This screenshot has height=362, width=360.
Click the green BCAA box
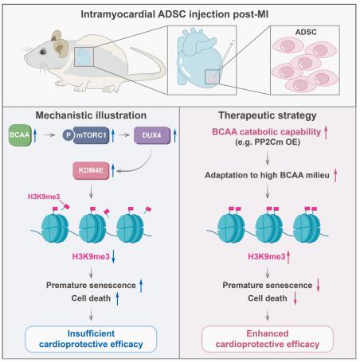pyautogui.click(x=20, y=135)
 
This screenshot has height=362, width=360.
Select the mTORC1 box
pyautogui.click(x=91, y=135)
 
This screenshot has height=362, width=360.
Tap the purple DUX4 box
pyautogui.click(x=152, y=135)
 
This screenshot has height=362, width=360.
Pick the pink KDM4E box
pyautogui.click(x=91, y=170)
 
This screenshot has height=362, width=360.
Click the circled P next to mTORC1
pyautogui.click(x=68, y=135)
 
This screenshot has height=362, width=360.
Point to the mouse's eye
pyautogui.click(x=43, y=52)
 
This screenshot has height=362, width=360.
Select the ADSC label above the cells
pyautogui.click(x=306, y=32)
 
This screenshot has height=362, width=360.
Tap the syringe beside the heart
pyautogui.click(x=228, y=52)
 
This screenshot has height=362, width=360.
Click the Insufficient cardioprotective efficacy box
pyautogui.click(x=91, y=339)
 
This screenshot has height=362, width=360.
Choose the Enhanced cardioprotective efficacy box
pyautogui.click(x=268, y=339)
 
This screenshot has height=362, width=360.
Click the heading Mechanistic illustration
pyautogui.click(x=91, y=115)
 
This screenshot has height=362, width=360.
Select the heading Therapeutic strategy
pyautogui.click(x=268, y=115)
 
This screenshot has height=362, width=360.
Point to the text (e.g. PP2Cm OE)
pyautogui.click(x=268, y=142)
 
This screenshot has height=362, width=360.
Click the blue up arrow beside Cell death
pyautogui.click(x=117, y=298)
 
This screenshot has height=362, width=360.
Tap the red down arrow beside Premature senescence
pyautogui.click(x=318, y=286)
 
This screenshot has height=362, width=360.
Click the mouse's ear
pyautogui.click(x=61, y=48)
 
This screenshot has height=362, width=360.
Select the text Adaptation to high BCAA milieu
pyautogui.click(x=267, y=175)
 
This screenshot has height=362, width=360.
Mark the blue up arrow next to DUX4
pyautogui.click(x=174, y=135)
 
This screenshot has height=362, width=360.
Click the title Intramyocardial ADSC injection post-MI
pyautogui.click(x=174, y=14)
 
